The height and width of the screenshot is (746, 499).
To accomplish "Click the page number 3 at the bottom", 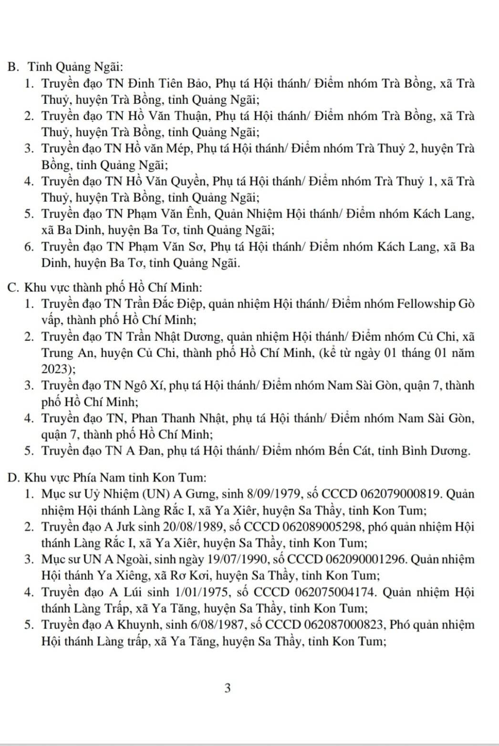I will [x=228, y=688].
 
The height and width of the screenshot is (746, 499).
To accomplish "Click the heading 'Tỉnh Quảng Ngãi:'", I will [x=76, y=67].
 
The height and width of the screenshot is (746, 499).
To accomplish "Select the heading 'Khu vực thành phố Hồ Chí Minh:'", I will [x=113, y=287].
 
